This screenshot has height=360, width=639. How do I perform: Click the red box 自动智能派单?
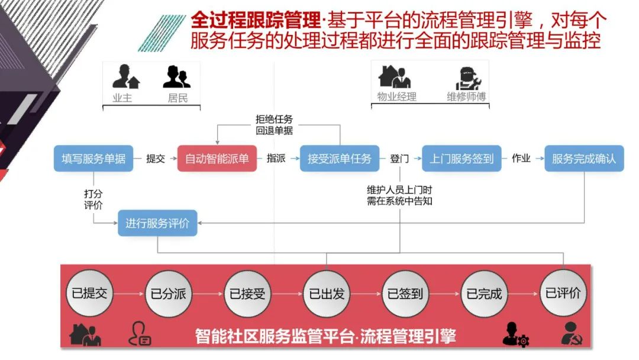click(217, 159)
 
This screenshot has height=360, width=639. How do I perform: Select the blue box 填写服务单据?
click(93, 159)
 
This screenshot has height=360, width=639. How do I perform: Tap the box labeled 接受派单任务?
click(340, 159)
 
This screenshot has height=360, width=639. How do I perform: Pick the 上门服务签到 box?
click(461, 159)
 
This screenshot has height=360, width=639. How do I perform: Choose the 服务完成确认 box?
click(584, 159)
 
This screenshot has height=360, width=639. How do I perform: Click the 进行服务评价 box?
click(157, 223)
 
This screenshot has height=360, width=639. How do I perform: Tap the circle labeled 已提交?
click(90, 293)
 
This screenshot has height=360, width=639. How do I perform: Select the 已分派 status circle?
click(169, 293)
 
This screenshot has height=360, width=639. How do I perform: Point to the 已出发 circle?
click(327, 293)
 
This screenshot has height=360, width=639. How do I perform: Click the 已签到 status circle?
click(405, 293)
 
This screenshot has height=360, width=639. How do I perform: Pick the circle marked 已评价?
click(563, 293)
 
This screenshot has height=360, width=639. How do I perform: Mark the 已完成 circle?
click(484, 293)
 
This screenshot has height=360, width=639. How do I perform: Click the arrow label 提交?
click(156, 159)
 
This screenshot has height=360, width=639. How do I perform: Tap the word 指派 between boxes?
click(276, 159)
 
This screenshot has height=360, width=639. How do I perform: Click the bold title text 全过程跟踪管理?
click(255, 22)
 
